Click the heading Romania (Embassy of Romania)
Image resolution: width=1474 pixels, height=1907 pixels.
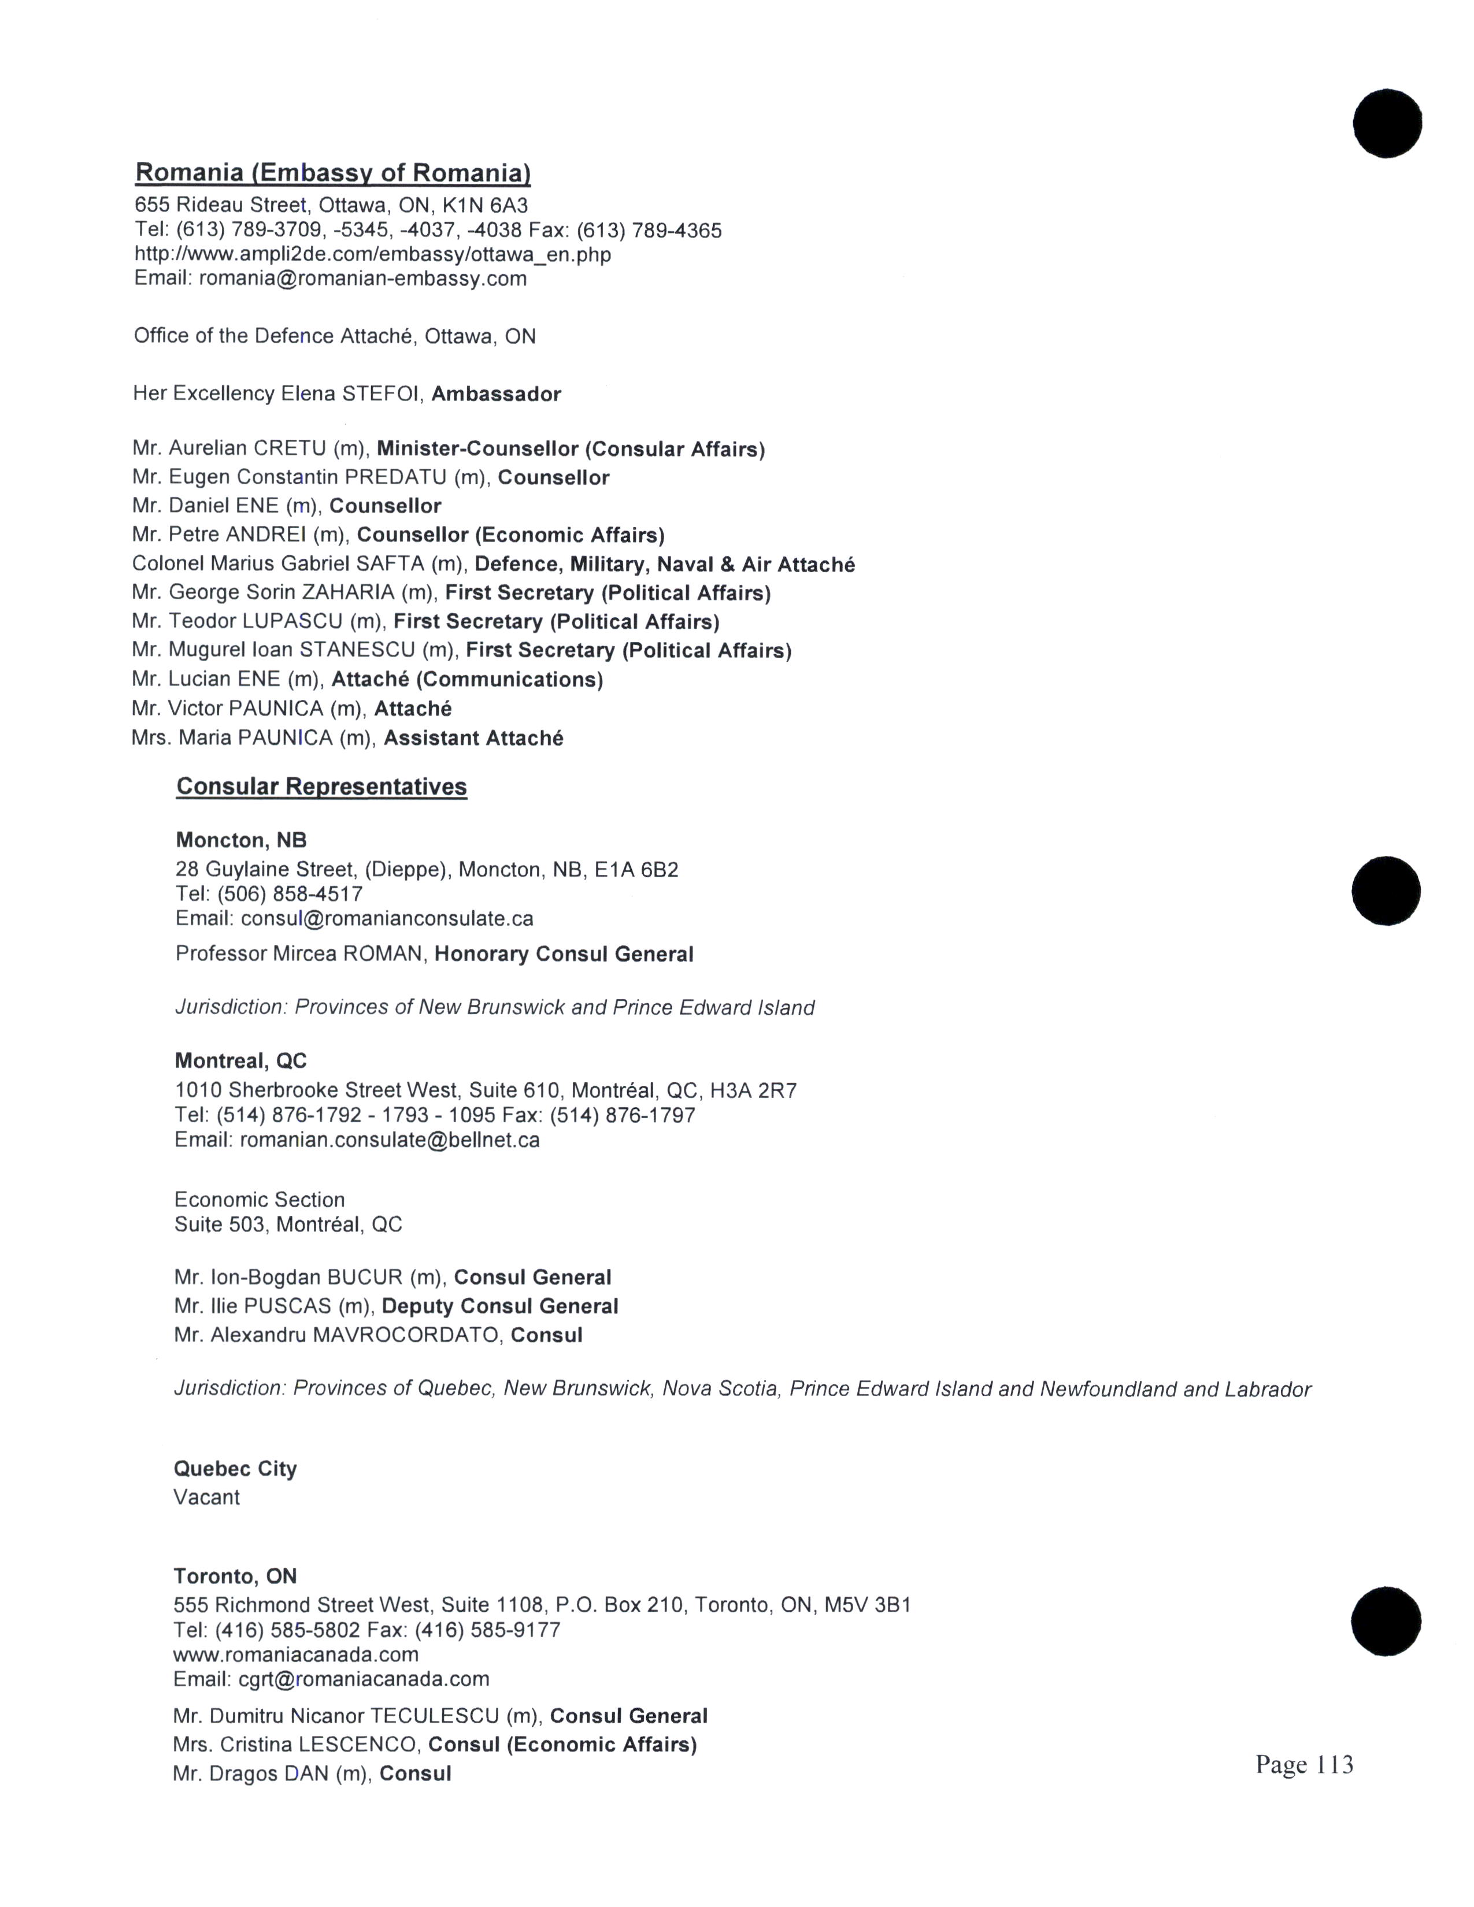coord(333,173)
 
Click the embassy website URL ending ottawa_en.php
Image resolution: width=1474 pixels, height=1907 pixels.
coord(372,255)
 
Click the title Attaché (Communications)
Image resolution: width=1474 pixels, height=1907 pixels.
coord(467,680)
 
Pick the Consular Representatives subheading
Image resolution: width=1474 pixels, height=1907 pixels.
coord(321,786)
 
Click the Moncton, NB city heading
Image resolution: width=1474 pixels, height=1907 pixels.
coord(241,840)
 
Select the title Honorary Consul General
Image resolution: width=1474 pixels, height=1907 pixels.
coord(563,955)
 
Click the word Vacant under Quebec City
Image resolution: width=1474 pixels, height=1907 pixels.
coord(206,1497)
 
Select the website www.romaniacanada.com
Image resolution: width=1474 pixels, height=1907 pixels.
coord(296,1654)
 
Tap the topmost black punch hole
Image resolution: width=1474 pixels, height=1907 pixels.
coord(1387,123)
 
